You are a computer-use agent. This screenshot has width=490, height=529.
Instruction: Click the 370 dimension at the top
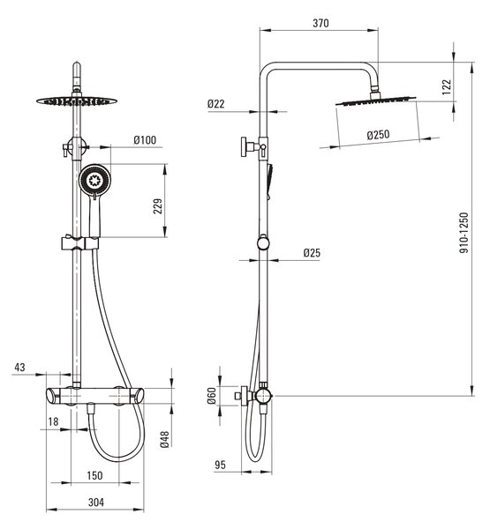(320, 23)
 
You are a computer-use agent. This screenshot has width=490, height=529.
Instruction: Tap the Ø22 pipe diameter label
(216, 104)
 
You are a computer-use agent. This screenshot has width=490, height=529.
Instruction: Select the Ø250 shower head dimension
(378, 135)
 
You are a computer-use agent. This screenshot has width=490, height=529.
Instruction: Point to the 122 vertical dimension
(447, 86)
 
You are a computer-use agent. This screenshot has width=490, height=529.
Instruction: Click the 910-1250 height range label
(464, 233)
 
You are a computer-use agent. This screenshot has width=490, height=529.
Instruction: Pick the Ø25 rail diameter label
(312, 253)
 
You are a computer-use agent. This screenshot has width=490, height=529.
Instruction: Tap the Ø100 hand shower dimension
(145, 139)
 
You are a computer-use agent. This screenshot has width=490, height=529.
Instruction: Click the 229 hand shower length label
(158, 206)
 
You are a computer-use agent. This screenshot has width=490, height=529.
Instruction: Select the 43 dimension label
(19, 368)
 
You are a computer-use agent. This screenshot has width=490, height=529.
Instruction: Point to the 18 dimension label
(53, 421)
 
